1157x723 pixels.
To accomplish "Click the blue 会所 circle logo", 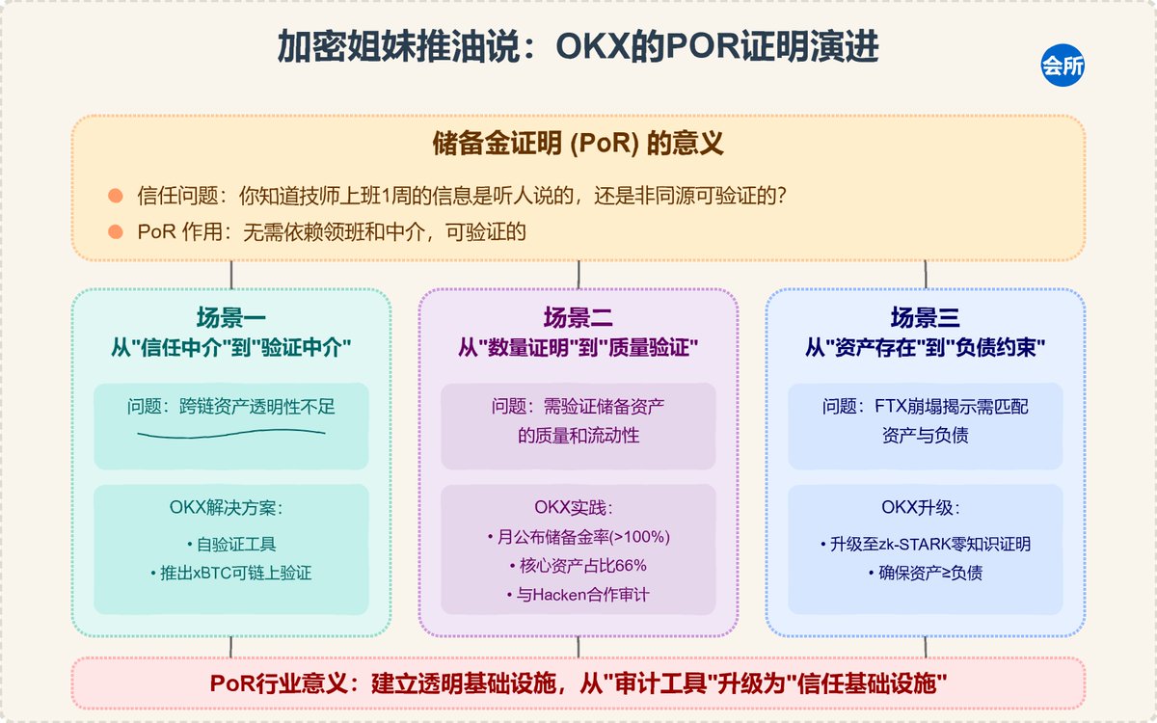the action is click(1063, 66).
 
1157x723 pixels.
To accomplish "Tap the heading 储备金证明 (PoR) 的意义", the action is click(578, 144).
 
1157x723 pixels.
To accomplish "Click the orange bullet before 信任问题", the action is click(115, 196).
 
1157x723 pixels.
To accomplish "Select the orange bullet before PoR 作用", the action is click(115, 232).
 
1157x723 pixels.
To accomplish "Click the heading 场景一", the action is click(230, 317).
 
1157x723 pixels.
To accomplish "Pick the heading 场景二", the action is click(578, 317).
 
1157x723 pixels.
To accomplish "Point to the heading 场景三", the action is click(925, 317).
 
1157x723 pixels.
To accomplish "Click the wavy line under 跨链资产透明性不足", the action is click(230, 434).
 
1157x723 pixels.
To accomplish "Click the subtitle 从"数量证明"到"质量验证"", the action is click(578, 348).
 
